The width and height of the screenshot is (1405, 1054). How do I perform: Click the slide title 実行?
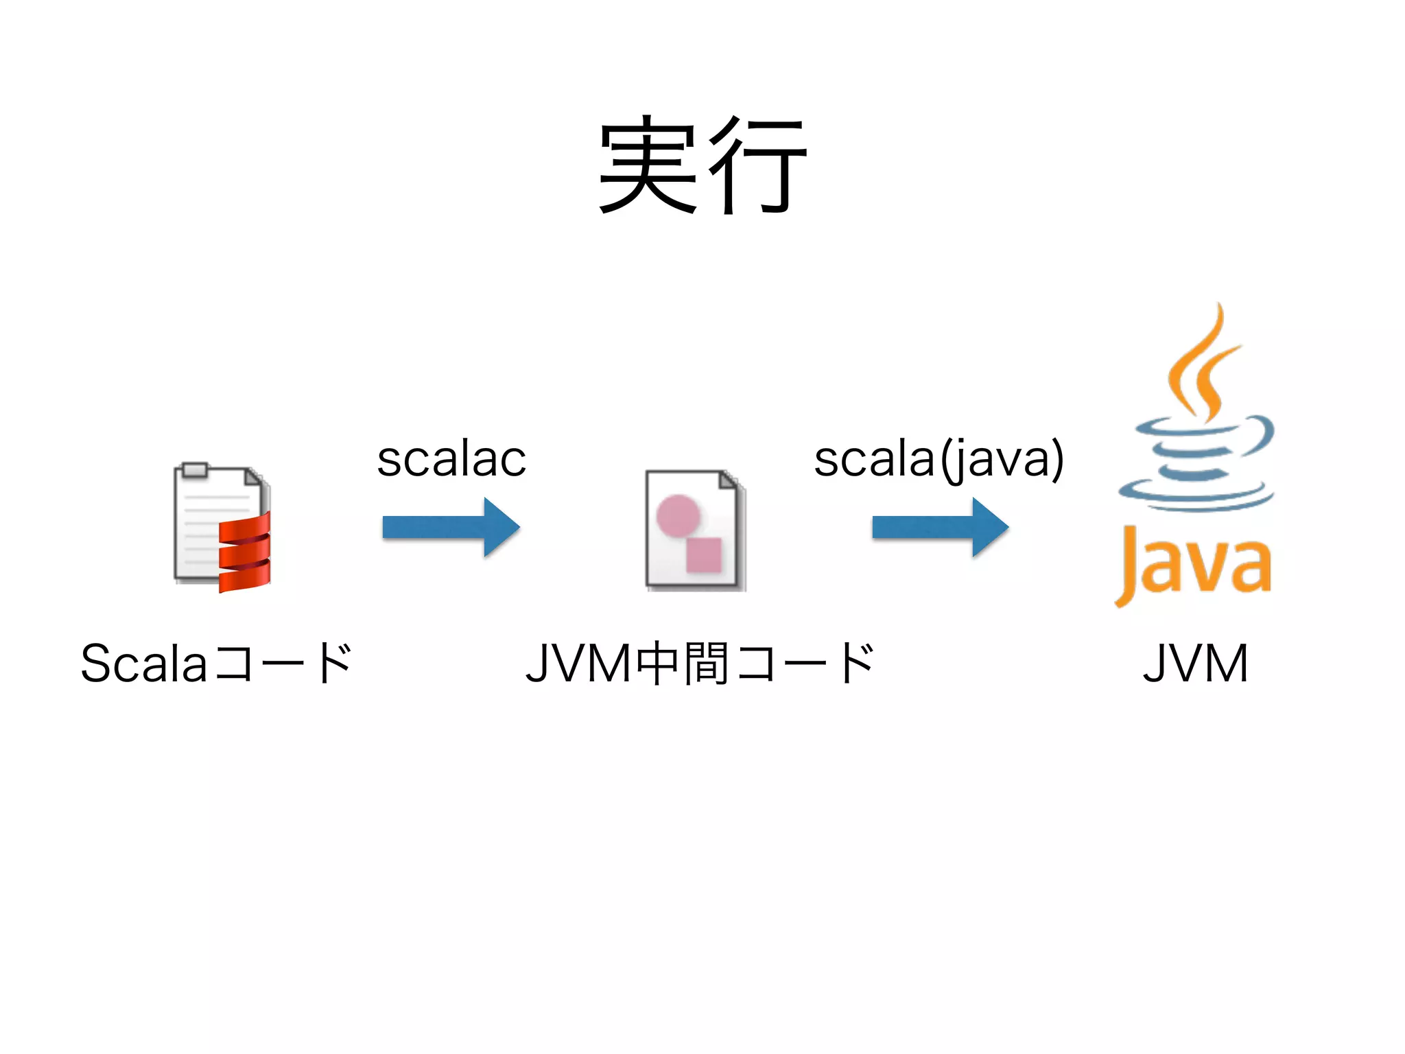pos(702,165)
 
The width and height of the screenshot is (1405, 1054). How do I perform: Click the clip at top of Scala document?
pos(196,469)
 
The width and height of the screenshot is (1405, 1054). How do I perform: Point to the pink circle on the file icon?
pos(678,515)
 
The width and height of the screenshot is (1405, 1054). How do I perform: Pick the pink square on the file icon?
pos(704,554)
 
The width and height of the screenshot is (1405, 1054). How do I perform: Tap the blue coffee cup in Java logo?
pos(1197,467)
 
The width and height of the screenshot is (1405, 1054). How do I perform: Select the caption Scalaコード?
pos(216,663)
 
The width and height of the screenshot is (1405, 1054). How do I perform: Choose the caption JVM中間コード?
pos(700,663)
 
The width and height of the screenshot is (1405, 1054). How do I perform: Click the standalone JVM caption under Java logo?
pos(1195,663)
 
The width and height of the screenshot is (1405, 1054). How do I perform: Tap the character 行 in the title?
pos(758,165)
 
